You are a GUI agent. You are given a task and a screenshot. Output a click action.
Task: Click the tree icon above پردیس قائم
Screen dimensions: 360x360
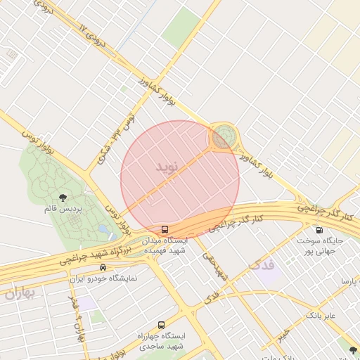point(63,198)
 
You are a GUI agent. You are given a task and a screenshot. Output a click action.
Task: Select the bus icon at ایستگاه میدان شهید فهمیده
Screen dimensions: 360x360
point(165,229)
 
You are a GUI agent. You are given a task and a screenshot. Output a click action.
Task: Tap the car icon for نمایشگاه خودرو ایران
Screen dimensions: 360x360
point(103,267)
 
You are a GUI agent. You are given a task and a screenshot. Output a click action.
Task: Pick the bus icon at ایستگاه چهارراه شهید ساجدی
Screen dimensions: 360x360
point(162,325)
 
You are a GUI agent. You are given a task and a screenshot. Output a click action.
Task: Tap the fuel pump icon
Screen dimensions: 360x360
point(320,229)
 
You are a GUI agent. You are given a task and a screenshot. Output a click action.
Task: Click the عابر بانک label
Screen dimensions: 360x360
point(321,316)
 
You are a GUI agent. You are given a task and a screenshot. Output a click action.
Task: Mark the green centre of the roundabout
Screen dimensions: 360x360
point(224,135)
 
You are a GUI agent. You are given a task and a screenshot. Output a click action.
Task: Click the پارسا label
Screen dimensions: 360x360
point(349,281)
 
